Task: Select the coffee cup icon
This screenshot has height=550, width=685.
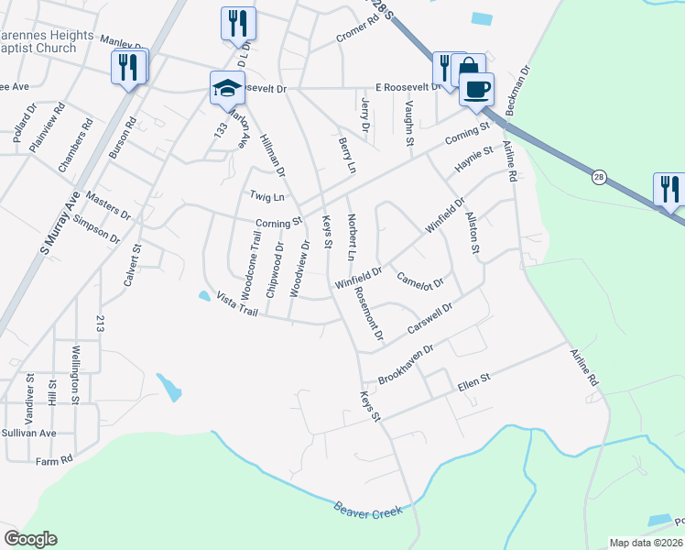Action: [475, 90]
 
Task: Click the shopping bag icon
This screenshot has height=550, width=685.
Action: [468, 68]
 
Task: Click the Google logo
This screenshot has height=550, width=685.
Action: [30, 539]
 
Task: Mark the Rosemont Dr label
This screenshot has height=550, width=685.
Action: [370, 313]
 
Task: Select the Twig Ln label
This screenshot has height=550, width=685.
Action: [267, 196]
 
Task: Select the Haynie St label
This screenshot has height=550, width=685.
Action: [475, 160]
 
